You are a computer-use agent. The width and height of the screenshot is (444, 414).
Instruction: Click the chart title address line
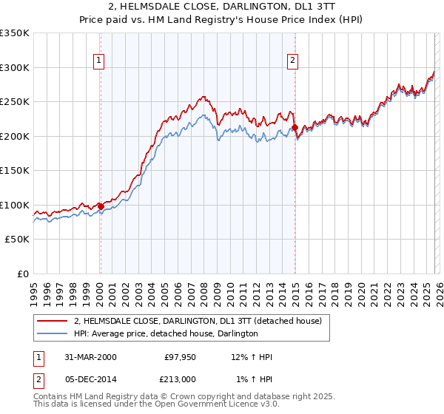point(221,7)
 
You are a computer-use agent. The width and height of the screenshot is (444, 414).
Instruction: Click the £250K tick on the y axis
point(15,102)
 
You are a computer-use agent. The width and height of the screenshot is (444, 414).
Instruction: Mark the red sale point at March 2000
point(101,206)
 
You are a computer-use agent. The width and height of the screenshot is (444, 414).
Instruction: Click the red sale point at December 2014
point(295,127)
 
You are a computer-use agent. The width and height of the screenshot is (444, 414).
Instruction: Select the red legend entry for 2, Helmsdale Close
point(197,322)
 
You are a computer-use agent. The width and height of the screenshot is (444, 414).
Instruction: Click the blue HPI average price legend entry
point(165,334)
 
